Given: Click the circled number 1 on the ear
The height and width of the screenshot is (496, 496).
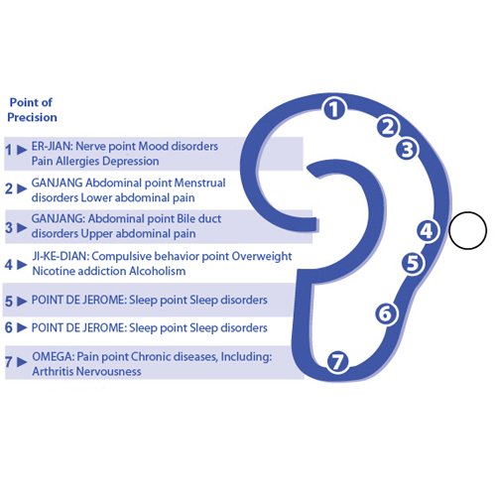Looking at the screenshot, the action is coord(334,109).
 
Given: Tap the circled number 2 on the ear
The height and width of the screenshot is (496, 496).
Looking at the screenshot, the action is coord(388,127).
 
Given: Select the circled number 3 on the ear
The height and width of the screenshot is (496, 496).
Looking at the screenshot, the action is coord(407,149).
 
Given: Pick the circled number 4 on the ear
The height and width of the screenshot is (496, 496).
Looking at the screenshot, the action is coord(428,231).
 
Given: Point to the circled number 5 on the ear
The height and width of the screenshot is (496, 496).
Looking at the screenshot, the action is coord(413,263).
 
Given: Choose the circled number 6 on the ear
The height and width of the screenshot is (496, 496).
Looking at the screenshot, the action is coord(386,313).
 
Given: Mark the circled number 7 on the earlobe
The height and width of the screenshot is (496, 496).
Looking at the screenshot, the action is coord(337,361).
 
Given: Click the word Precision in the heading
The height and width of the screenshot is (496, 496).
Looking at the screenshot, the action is coord(32,117).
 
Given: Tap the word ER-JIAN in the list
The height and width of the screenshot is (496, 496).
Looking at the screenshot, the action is coord(52,146).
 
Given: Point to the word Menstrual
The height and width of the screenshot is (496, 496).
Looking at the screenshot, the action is coord(199,183).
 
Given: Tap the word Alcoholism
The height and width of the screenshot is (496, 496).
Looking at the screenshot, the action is coord(157,271).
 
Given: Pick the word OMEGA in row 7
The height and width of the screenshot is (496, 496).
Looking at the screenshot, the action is coord(54,357).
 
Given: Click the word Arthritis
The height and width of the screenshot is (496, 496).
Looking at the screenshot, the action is coord(54,371).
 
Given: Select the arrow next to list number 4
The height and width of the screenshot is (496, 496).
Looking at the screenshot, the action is coord(22,265).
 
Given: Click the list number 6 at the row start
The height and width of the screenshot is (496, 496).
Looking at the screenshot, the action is coord(9,327).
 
